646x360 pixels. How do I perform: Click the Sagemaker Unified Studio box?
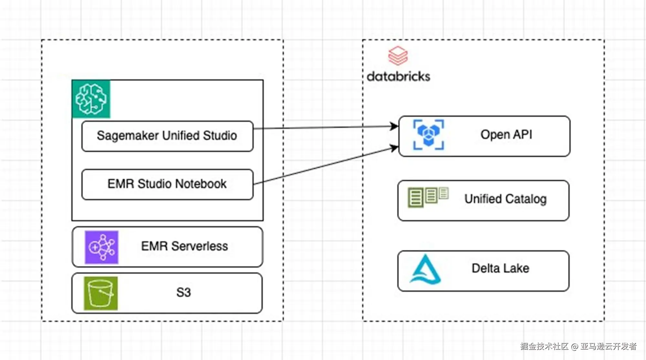(x=167, y=136)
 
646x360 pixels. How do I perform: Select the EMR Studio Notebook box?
(x=167, y=184)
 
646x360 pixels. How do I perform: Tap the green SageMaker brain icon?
(x=91, y=99)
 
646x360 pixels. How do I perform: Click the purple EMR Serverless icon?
(x=101, y=247)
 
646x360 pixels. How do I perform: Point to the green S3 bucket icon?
(x=101, y=293)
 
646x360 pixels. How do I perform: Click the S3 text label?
(x=183, y=293)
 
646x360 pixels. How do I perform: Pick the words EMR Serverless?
(x=184, y=246)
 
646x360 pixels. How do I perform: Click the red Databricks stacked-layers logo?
(x=398, y=56)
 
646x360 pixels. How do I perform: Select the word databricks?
(x=398, y=77)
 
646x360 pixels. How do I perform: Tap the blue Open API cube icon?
(x=429, y=135)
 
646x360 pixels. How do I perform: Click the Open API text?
(x=506, y=135)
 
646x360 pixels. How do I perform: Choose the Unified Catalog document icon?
(x=428, y=196)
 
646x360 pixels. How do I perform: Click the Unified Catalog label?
(x=505, y=199)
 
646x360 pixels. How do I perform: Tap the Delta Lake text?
(x=500, y=268)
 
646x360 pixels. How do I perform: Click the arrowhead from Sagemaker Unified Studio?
(x=394, y=126)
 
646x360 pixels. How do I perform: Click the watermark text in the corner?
(x=578, y=346)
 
